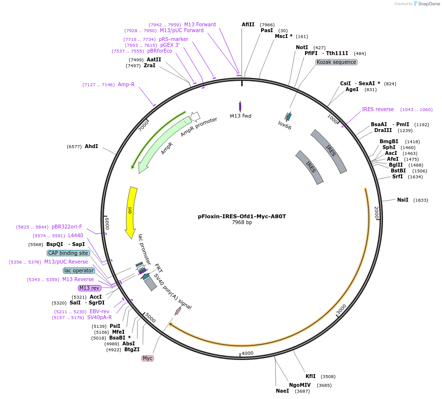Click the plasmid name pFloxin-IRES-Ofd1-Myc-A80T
coord(242,216)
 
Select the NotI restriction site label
coord(302,47)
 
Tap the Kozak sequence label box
coord(336,62)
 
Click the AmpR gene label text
coord(167,148)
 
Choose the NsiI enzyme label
coord(403,200)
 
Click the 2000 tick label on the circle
coord(376,212)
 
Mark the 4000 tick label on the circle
coord(247,353)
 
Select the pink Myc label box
coord(147,358)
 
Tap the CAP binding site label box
coord(68,253)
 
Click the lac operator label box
coord(79,270)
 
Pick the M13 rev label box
coord(89,288)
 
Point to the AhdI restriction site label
coord(91,146)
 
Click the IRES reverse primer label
coord(378,109)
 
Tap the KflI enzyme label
coord(310,376)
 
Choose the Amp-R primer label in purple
coord(126,84)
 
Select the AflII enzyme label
coord(248,24)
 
